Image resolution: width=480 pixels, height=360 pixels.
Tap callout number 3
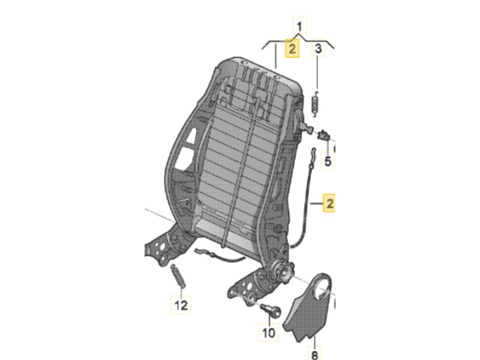coord(319,49)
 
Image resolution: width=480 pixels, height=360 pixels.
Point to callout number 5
coord(328,161)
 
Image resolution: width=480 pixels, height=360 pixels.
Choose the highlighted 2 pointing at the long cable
coord(329,203)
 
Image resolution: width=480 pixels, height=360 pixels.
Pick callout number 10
coord(268,331)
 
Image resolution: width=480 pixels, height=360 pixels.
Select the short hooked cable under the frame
coord(218,257)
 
